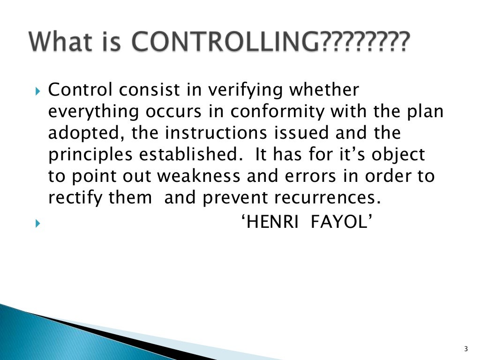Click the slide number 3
click(x=465, y=348)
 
